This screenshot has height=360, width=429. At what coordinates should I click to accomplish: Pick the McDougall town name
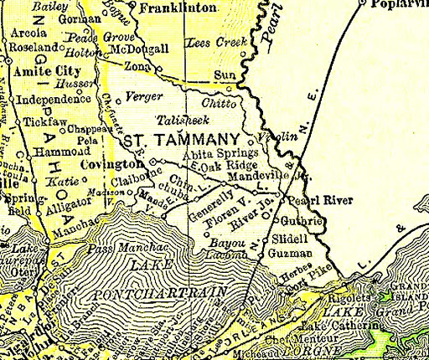(x=154, y=49)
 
